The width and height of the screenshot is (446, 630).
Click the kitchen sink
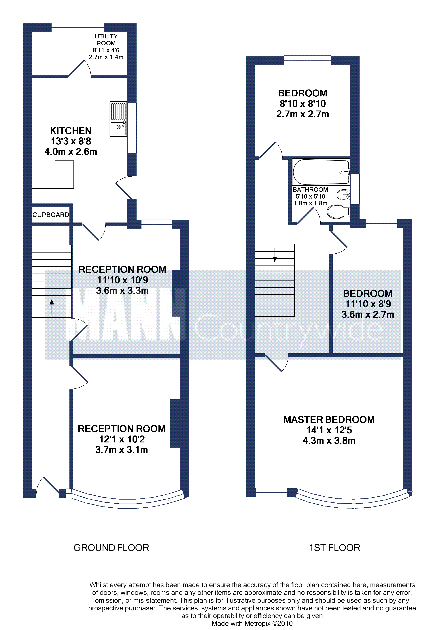pyautogui.click(x=118, y=119)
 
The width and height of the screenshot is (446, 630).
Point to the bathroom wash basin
pyautogui.click(x=343, y=195)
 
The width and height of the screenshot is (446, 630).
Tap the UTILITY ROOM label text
pyautogui.click(x=106, y=40)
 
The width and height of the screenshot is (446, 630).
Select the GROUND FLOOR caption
pyautogui.click(x=111, y=548)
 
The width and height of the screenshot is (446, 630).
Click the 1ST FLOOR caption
pyautogui.click(x=334, y=548)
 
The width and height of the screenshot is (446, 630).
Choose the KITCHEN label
pyautogui.click(x=71, y=131)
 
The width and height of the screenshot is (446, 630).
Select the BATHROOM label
pyautogui.click(x=310, y=190)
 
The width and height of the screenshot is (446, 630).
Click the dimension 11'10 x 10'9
pyautogui.click(x=122, y=280)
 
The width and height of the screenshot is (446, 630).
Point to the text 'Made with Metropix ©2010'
pyautogui.click(x=252, y=623)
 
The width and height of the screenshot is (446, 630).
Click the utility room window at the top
pyautogui.click(x=78, y=27)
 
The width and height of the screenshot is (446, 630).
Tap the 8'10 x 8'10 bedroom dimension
pyautogui.click(x=303, y=104)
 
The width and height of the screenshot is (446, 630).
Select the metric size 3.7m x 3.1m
pyautogui.click(x=122, y=450)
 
